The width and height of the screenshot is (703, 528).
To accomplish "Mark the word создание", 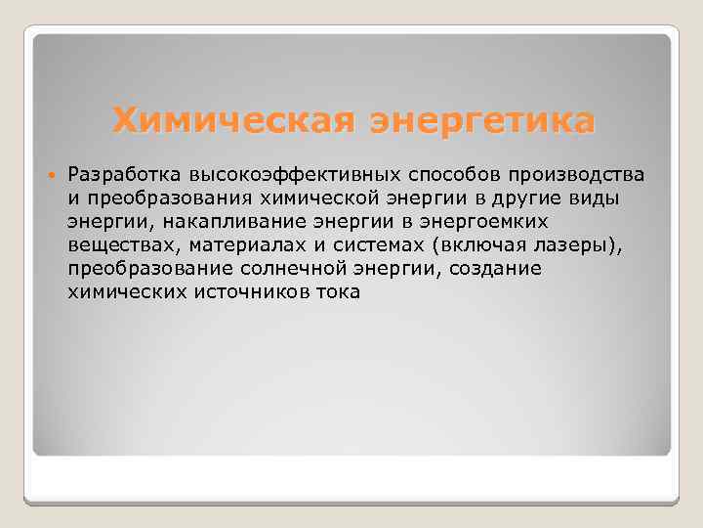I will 495,269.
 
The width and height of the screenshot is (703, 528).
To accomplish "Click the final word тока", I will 338,292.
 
